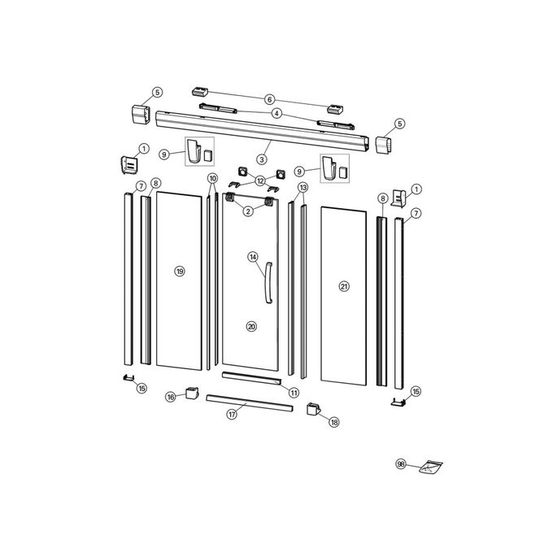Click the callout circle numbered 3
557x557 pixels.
tap(263, 159)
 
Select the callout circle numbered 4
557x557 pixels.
tap(276, 113)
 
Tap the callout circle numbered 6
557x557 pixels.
tap(270, 99)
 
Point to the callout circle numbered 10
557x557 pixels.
tap(212, 178)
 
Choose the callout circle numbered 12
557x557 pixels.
tap(260, 180)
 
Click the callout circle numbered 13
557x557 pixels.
tap(302, 188)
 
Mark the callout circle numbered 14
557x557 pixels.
tap(253, 258)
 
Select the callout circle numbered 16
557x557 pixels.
tap(171, 397)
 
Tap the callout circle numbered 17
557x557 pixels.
tap(232, 414)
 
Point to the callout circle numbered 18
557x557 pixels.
tap(333, 422)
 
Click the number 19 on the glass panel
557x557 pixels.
tap(180, 271)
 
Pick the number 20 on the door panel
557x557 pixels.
tap(250, 326)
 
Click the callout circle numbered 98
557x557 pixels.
tap(400, 463)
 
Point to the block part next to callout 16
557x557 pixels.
tap(192, 394)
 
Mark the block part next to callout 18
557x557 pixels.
tap(312, 409)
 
